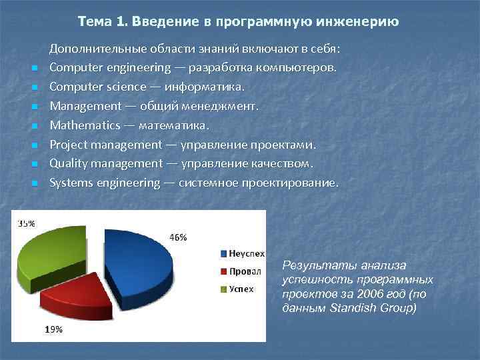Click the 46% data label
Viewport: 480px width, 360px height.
pos(178,237)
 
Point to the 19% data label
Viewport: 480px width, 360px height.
pos(54,329)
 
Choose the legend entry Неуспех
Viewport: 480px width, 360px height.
pos(246,253)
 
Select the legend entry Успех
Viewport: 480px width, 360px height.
pos(242,289)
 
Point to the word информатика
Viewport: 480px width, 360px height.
pos(211,87)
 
